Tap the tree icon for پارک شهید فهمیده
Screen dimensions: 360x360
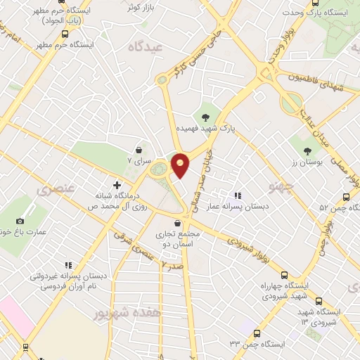206,117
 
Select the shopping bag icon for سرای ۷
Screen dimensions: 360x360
139,150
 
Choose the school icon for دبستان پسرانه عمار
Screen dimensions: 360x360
237,195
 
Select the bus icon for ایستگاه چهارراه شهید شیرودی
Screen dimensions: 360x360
283,275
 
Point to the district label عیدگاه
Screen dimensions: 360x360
146,46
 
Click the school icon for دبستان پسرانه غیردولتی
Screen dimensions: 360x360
68,265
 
